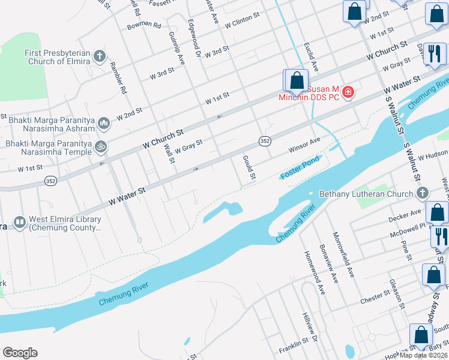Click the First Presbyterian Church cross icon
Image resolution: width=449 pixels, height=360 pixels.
click(100, 57)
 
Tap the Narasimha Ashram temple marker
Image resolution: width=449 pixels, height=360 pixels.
click(103, 124)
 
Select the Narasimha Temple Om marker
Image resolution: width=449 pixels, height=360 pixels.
click(101, 146)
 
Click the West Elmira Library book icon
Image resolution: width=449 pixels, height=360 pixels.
click(20, 223)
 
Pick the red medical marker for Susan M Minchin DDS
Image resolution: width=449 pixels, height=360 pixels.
click(348, 92)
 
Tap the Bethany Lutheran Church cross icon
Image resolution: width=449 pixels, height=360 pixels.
click(423, 193)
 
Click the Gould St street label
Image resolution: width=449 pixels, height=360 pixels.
click(249, 169)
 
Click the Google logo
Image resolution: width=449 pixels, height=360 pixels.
click(20, 353)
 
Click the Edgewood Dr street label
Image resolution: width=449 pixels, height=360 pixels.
click(193, 36)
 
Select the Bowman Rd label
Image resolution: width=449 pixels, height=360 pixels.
click(144, 26)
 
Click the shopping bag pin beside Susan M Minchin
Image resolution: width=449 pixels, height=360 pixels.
click(296, 81)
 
